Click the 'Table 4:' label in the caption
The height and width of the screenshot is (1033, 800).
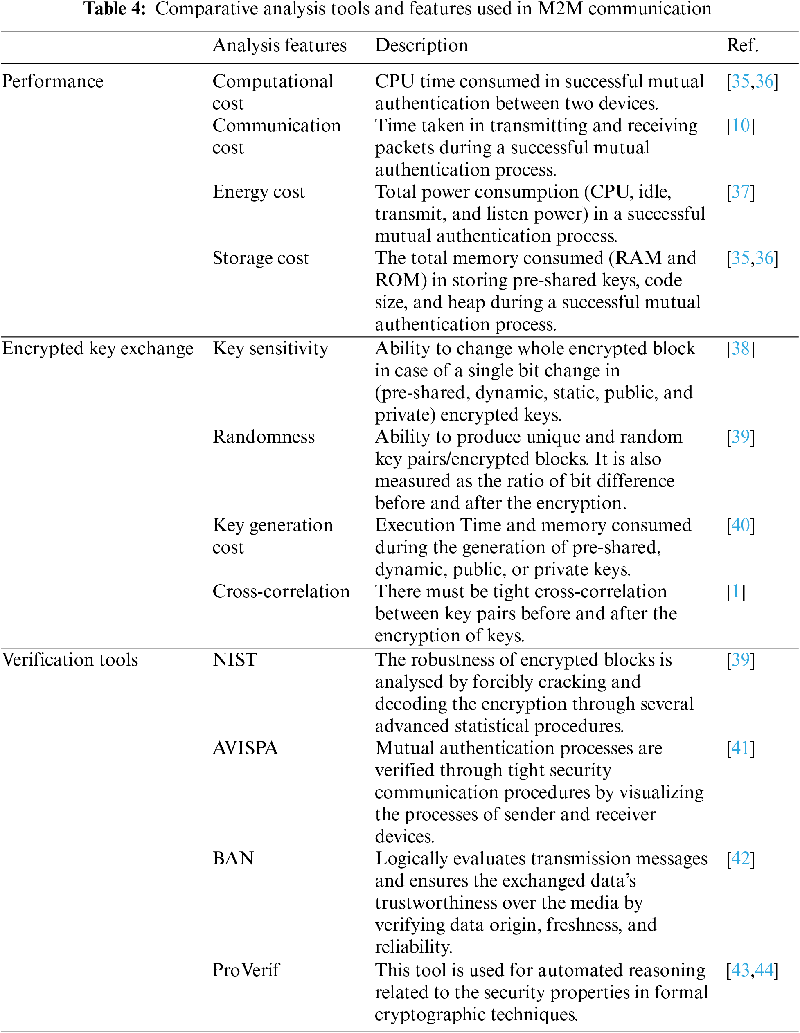tap(115, 9)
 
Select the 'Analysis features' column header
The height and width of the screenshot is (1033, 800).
tap(279, 45)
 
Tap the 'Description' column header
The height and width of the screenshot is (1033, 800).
tap(421, 45)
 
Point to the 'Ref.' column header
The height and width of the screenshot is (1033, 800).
tap(742, 45)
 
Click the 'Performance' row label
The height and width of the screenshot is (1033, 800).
tap(52, 81)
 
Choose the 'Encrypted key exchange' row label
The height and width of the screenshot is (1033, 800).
tap(97, 349)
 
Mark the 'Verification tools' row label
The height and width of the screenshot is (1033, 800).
tap(70, 660)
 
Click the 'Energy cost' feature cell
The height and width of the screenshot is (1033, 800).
tap(258, 192)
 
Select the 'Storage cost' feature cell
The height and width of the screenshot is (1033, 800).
tap(260, 258)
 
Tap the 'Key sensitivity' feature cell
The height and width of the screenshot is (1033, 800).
tap(270, 349)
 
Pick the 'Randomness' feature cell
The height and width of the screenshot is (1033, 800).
tap(264, 437)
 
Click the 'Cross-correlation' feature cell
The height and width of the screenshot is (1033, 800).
tap(281, 592)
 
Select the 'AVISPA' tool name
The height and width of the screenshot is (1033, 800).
tap(245, 748)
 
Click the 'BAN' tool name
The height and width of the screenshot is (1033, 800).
tap(233, 858)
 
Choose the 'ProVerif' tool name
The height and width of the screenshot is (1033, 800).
tap(246, 970)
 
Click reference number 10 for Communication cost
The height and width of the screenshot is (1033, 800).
tap(741, 126)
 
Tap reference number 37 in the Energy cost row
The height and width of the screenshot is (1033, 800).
tap(741, 192)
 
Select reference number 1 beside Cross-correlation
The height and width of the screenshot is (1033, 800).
tap(736, 592)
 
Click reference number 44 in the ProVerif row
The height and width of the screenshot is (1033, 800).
tap(764, 970)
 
